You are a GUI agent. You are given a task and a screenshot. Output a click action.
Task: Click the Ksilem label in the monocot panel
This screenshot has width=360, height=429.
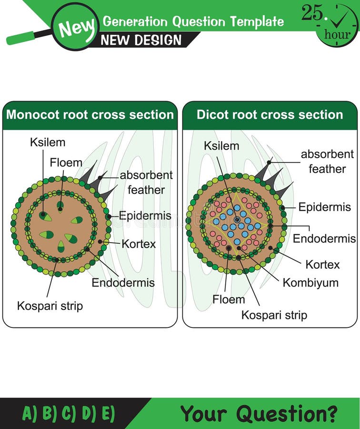coord(48,142)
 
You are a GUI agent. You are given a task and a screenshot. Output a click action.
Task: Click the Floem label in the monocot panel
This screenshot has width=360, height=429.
coord(66,163)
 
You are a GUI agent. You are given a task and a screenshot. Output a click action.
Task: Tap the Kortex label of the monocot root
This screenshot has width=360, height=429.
coord(139,244)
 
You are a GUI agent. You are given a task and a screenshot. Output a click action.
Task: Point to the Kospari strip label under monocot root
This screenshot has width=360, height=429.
coord(50,306)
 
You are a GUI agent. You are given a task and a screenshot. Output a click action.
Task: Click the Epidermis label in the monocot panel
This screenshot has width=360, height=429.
coord(142,215)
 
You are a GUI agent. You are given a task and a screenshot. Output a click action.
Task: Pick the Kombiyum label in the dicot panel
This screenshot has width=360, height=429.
coord(310,282)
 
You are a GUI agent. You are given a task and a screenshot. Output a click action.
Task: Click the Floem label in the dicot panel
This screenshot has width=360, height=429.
coord(229,299)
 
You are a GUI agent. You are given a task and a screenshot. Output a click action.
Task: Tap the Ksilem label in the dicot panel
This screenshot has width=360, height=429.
coord(221,145)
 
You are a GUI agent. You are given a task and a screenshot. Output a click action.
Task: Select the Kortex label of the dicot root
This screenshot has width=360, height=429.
coord(322,264)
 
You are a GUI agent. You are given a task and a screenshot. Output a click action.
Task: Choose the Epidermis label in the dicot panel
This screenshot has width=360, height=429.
coord(324,207)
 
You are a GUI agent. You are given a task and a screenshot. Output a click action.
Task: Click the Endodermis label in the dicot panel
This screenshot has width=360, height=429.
coord(324,238)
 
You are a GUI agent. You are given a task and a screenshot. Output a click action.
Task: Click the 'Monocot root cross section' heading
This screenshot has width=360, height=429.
coord(90,115)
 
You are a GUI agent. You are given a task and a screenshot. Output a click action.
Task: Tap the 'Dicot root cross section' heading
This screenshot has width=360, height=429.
coord(270,115)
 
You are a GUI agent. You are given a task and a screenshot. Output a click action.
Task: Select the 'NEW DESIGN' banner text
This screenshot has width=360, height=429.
coord(141,40)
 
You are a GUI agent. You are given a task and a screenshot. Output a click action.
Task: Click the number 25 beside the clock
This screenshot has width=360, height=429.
coord(312,13)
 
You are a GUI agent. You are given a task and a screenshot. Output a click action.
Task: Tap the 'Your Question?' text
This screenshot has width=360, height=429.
coord(259,413)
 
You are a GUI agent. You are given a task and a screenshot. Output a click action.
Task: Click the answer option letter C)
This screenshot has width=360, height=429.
coord(69,413)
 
